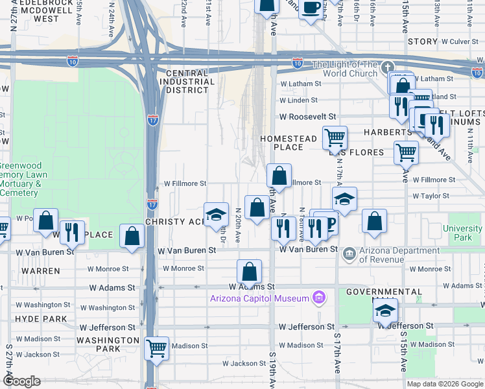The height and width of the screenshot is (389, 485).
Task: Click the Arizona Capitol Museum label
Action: (258, 298)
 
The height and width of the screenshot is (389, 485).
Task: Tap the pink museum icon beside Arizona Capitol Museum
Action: (318, 298)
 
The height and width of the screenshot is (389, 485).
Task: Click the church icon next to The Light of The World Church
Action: (388, 67)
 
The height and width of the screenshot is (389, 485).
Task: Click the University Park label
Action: (462, 233)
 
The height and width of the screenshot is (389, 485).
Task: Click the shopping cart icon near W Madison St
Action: (157, 348)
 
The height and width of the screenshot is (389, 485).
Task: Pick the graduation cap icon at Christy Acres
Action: (216, 215)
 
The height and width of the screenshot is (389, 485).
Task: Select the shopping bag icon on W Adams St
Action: (249, 272)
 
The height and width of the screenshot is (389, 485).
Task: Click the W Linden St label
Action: (298, 100)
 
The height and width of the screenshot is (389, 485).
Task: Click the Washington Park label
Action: (108, 344)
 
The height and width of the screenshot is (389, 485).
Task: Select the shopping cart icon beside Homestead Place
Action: (335, 137)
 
